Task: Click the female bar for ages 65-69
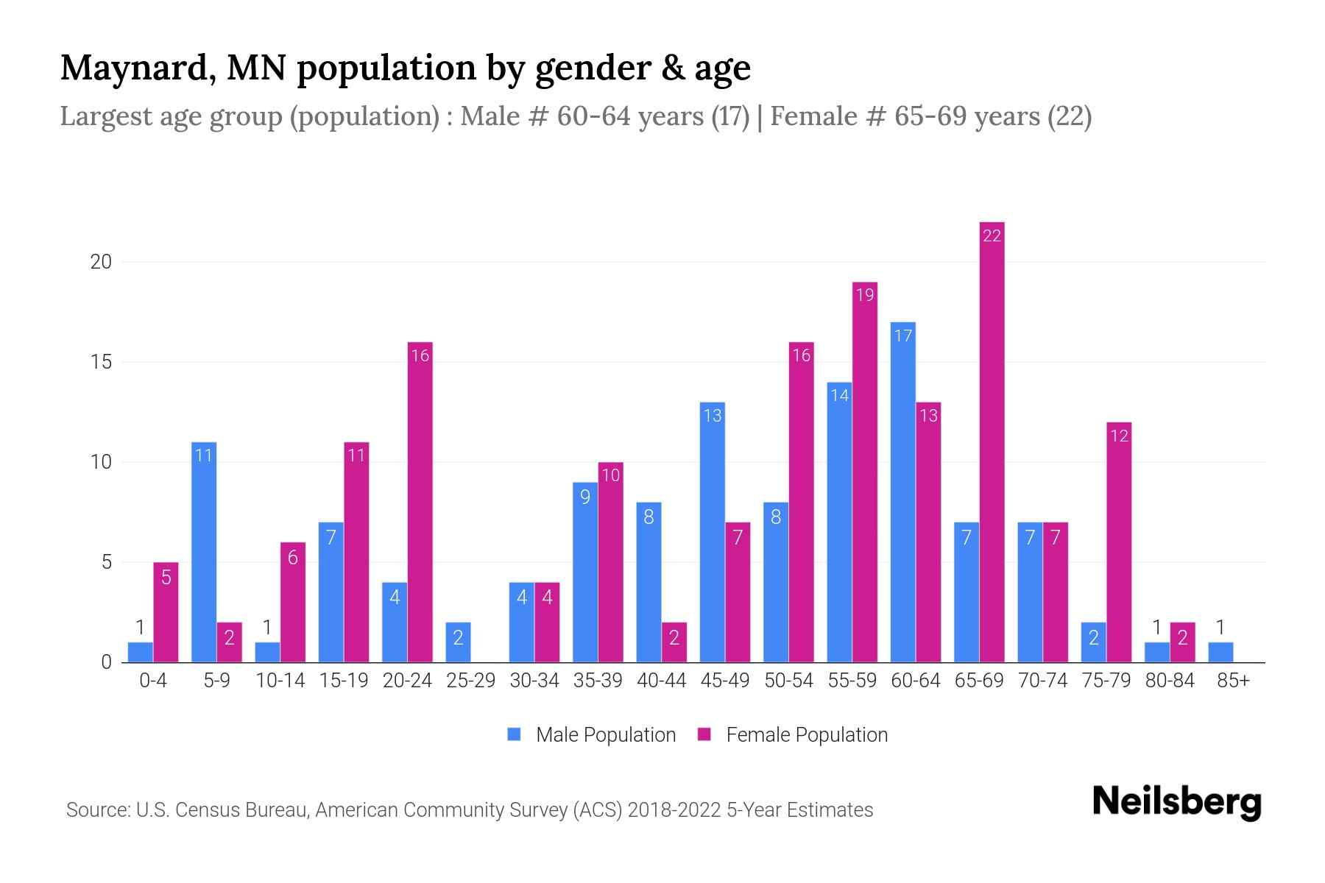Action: coord(992,441)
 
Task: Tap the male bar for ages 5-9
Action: coord(204,552)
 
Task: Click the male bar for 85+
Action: coord(1220,653)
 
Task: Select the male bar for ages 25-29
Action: coord(458,642)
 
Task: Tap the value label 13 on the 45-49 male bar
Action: coord(712,416)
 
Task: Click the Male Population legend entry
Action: coord(591,735)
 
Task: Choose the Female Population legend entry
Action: coord(793,735)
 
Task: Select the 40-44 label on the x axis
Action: coord(661,681)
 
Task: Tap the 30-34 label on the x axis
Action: coord(534,681)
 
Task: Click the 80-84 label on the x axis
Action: coord(1169,681)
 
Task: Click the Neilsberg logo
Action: coord(1176,802)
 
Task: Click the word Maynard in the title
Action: coord(137,68)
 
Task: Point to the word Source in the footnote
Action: coord(97,810)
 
